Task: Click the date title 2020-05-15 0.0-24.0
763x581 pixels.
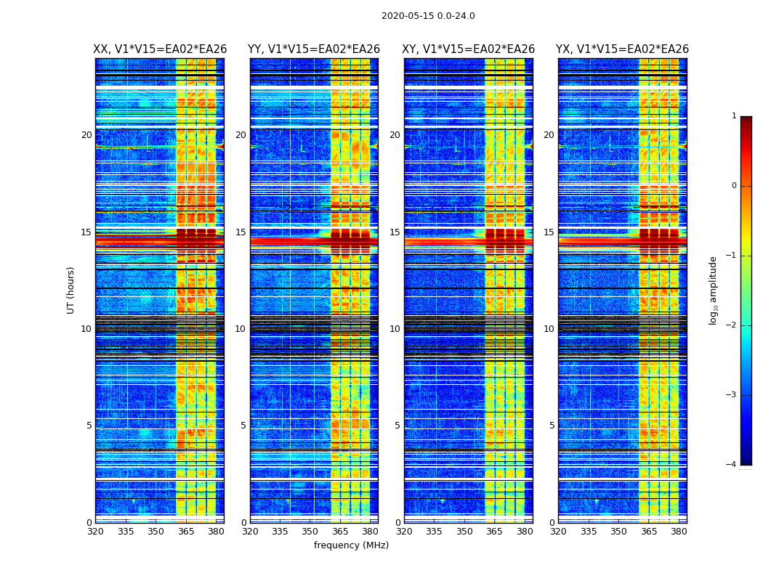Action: (x=428, y=16)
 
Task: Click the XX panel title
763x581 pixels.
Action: (x=160, y=49)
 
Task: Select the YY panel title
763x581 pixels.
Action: (x=314, y=49)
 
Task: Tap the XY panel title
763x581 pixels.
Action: (x=469, y=49)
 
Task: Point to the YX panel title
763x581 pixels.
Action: (x=622, y=49)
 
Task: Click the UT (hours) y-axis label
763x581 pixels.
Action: (x=71, y=290)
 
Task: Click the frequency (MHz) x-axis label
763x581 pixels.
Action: (x=351, y=545)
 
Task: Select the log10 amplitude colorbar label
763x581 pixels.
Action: (x=714, y=290)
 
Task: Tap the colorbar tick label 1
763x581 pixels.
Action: (x=733, y=116)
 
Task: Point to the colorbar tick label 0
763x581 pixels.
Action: (x=733, y=186)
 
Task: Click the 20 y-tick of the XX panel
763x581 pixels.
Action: (x=86, y=135)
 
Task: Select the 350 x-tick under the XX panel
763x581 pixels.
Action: (x=156, y=532)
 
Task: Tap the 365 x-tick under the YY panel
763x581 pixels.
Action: (x=340, y=532)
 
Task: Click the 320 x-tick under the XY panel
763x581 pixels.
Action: (x=404, y=532)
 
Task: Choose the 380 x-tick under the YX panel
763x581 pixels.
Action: (x=679, y=532)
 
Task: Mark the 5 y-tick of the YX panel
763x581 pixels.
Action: (x=552, y=426)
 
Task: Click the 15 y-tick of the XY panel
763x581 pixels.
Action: (x=395, y=232)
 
